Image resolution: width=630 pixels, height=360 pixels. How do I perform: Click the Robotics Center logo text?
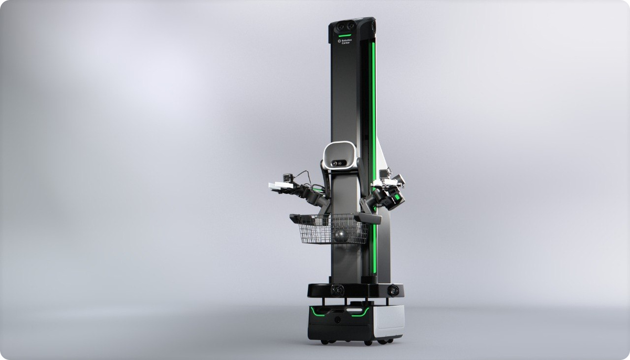345,41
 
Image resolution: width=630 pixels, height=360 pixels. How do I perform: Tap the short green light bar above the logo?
344,36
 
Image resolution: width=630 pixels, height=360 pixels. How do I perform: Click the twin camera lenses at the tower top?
345,26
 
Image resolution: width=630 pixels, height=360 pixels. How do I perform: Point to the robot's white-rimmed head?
340,155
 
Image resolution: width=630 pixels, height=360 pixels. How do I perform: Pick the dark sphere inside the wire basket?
341,236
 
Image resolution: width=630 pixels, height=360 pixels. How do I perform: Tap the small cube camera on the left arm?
288,177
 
